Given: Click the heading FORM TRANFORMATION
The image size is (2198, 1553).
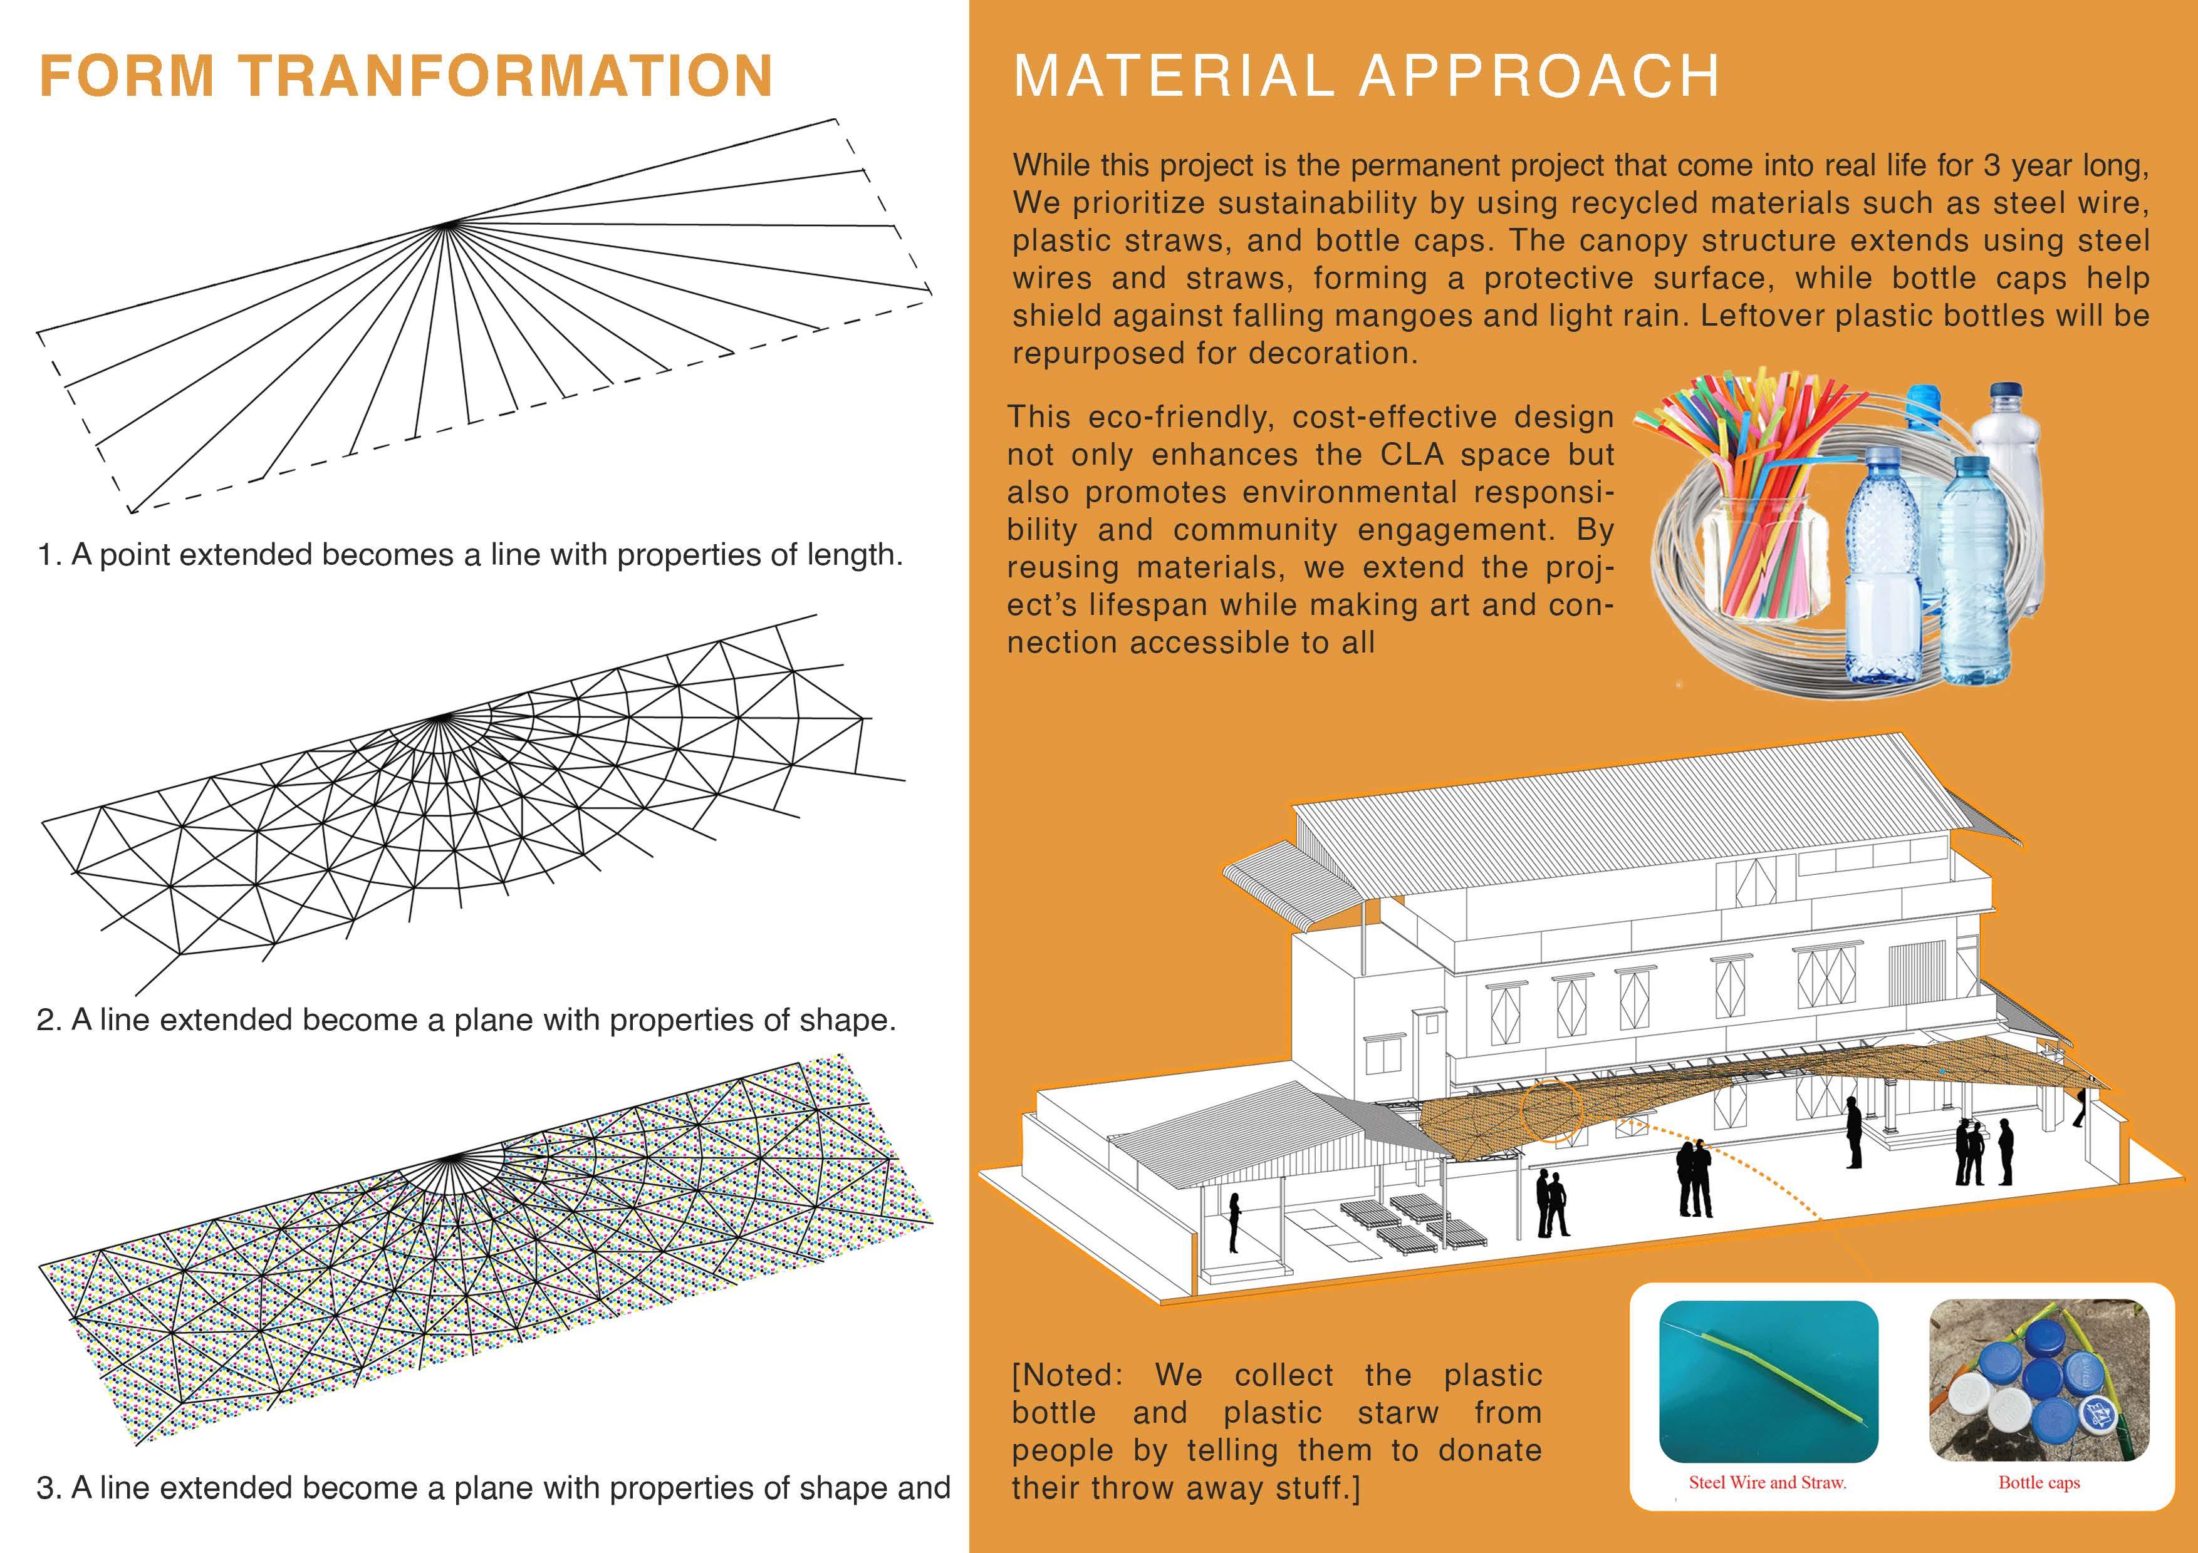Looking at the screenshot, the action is [x=405, y=76].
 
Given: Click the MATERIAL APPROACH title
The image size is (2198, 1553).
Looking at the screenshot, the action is [x=1366, y=76].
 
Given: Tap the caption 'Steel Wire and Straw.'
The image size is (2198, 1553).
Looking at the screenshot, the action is [x=1767, y=1483].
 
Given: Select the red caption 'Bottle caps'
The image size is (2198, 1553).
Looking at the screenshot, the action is [x=2039, y=1483].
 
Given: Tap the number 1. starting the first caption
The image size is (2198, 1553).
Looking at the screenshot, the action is [x=49, y=555].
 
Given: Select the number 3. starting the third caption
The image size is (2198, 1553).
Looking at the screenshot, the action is [x=49, y=1488].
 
